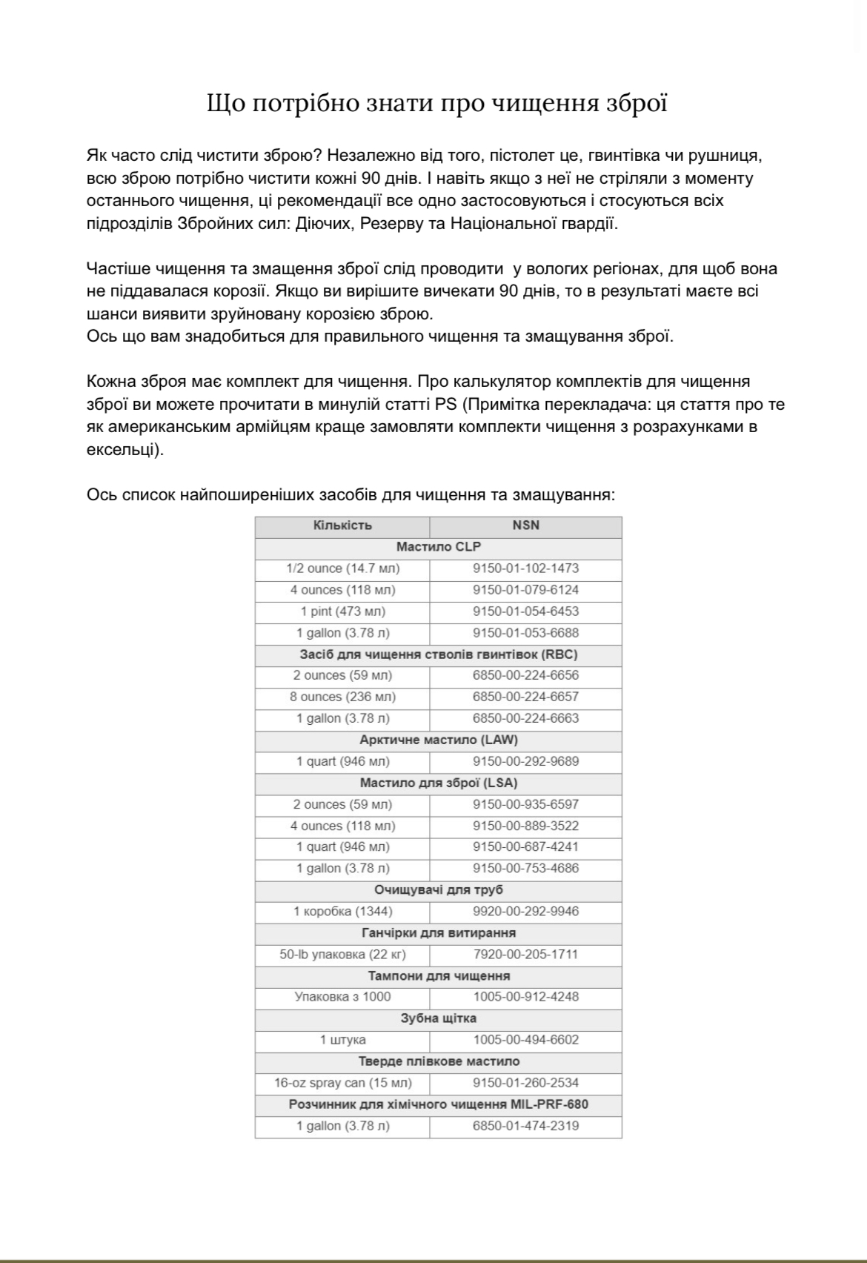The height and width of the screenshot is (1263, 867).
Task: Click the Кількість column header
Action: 342,526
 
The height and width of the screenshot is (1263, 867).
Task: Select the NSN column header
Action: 525,526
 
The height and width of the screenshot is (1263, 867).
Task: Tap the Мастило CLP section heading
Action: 438,547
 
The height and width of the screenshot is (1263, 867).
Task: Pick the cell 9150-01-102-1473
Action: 525,568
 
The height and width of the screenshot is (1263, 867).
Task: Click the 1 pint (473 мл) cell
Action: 342,611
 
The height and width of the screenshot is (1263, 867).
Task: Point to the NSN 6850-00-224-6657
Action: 525,697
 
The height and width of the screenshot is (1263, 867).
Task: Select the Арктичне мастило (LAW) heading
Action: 438,740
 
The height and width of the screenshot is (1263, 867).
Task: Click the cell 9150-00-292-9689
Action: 525,761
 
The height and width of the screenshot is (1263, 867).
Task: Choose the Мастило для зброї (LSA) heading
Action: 438,783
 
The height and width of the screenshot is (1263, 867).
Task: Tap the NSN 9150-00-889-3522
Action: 525,826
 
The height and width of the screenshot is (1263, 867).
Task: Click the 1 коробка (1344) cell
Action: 342,912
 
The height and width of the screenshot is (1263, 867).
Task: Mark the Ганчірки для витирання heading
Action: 438,933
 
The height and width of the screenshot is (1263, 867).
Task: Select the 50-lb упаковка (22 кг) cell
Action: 342,955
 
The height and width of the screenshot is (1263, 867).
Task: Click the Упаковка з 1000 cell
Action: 342,997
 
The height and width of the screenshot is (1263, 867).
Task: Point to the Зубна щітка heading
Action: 438,1018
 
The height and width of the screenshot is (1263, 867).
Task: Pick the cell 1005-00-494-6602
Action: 525,1040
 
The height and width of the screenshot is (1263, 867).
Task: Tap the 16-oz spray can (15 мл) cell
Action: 342,1083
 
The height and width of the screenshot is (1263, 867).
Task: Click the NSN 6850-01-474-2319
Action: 525,1126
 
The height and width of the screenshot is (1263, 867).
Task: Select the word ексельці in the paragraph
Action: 121,450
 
